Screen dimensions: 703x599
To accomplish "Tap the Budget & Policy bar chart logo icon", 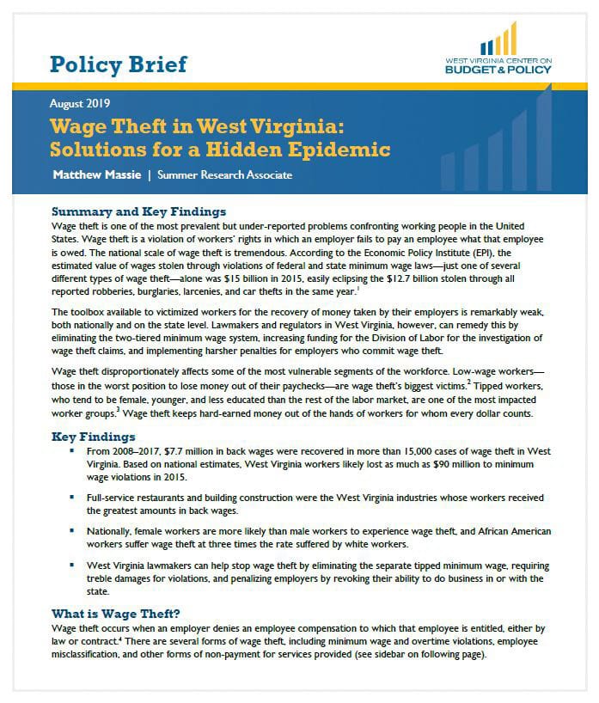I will (x=498, y=40).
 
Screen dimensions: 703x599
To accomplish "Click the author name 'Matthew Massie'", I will (x=95, y=175).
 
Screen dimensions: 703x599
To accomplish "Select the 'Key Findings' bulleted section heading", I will (x=93, y=437).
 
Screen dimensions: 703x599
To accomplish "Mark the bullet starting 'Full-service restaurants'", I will (x=75, y=498).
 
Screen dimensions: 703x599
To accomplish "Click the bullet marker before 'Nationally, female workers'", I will (x=75, y=533).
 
